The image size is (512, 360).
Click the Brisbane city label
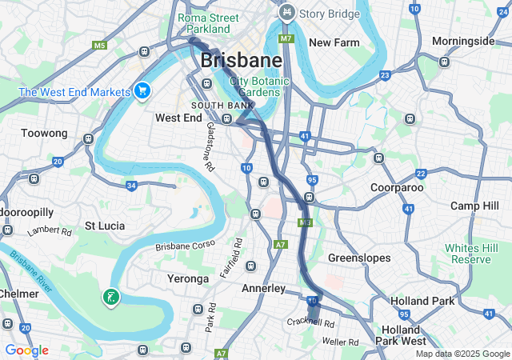pos(241,60)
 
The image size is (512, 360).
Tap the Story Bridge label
pos(328,13)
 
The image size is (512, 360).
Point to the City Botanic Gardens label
pos(256,86)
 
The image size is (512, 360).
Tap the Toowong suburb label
pos(43,133)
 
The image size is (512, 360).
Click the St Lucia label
pos(105,226)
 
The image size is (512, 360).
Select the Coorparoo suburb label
pos(397,187)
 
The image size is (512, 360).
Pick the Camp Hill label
pos(474,206)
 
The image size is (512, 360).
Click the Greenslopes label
pos(359,258)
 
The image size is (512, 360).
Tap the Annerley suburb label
pos(263,288)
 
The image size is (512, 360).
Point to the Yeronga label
pos(182,279)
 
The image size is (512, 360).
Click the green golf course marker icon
pos(111,298)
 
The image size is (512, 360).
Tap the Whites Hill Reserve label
pos(473,254)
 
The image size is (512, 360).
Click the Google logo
pos(26,350)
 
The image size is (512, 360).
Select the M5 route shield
pos(99,46)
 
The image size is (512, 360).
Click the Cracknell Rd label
pos(311,322)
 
